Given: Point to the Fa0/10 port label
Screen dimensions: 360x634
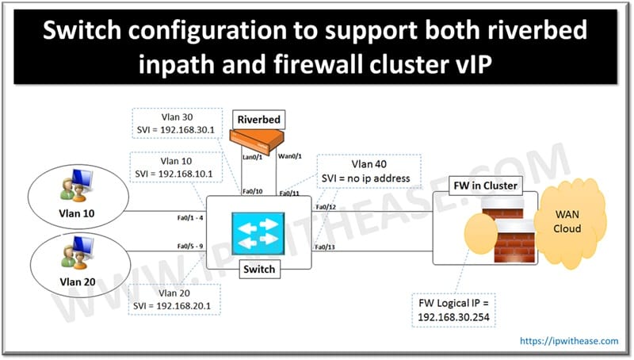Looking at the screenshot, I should click(x=253, y=190).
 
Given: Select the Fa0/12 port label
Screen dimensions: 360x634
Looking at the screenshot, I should click(x=327, y=207).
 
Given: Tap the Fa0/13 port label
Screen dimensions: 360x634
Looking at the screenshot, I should click(x=327, y=247).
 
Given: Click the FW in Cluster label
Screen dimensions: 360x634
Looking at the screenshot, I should click(x=487, y=186).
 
